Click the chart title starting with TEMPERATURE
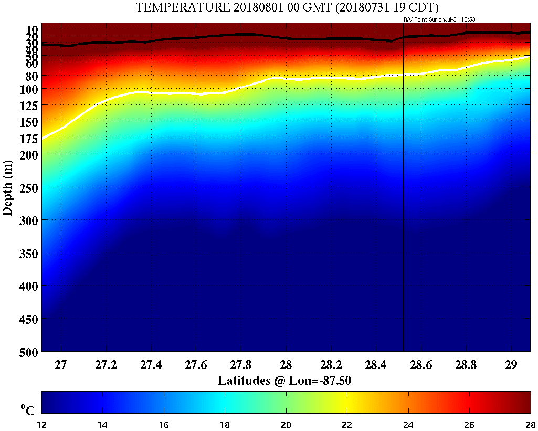(x=288, y=7)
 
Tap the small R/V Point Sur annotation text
(x=439, y=19)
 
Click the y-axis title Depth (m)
(x=8, y=187)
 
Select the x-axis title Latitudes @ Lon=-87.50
(x=284, y=380)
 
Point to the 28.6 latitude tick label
(x=421, y=365)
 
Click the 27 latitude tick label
(x=61, y=365)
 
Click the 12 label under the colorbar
(x=42, y=424)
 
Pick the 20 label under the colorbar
(x=286, y=424)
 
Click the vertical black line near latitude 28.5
(x=403, y=210)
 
